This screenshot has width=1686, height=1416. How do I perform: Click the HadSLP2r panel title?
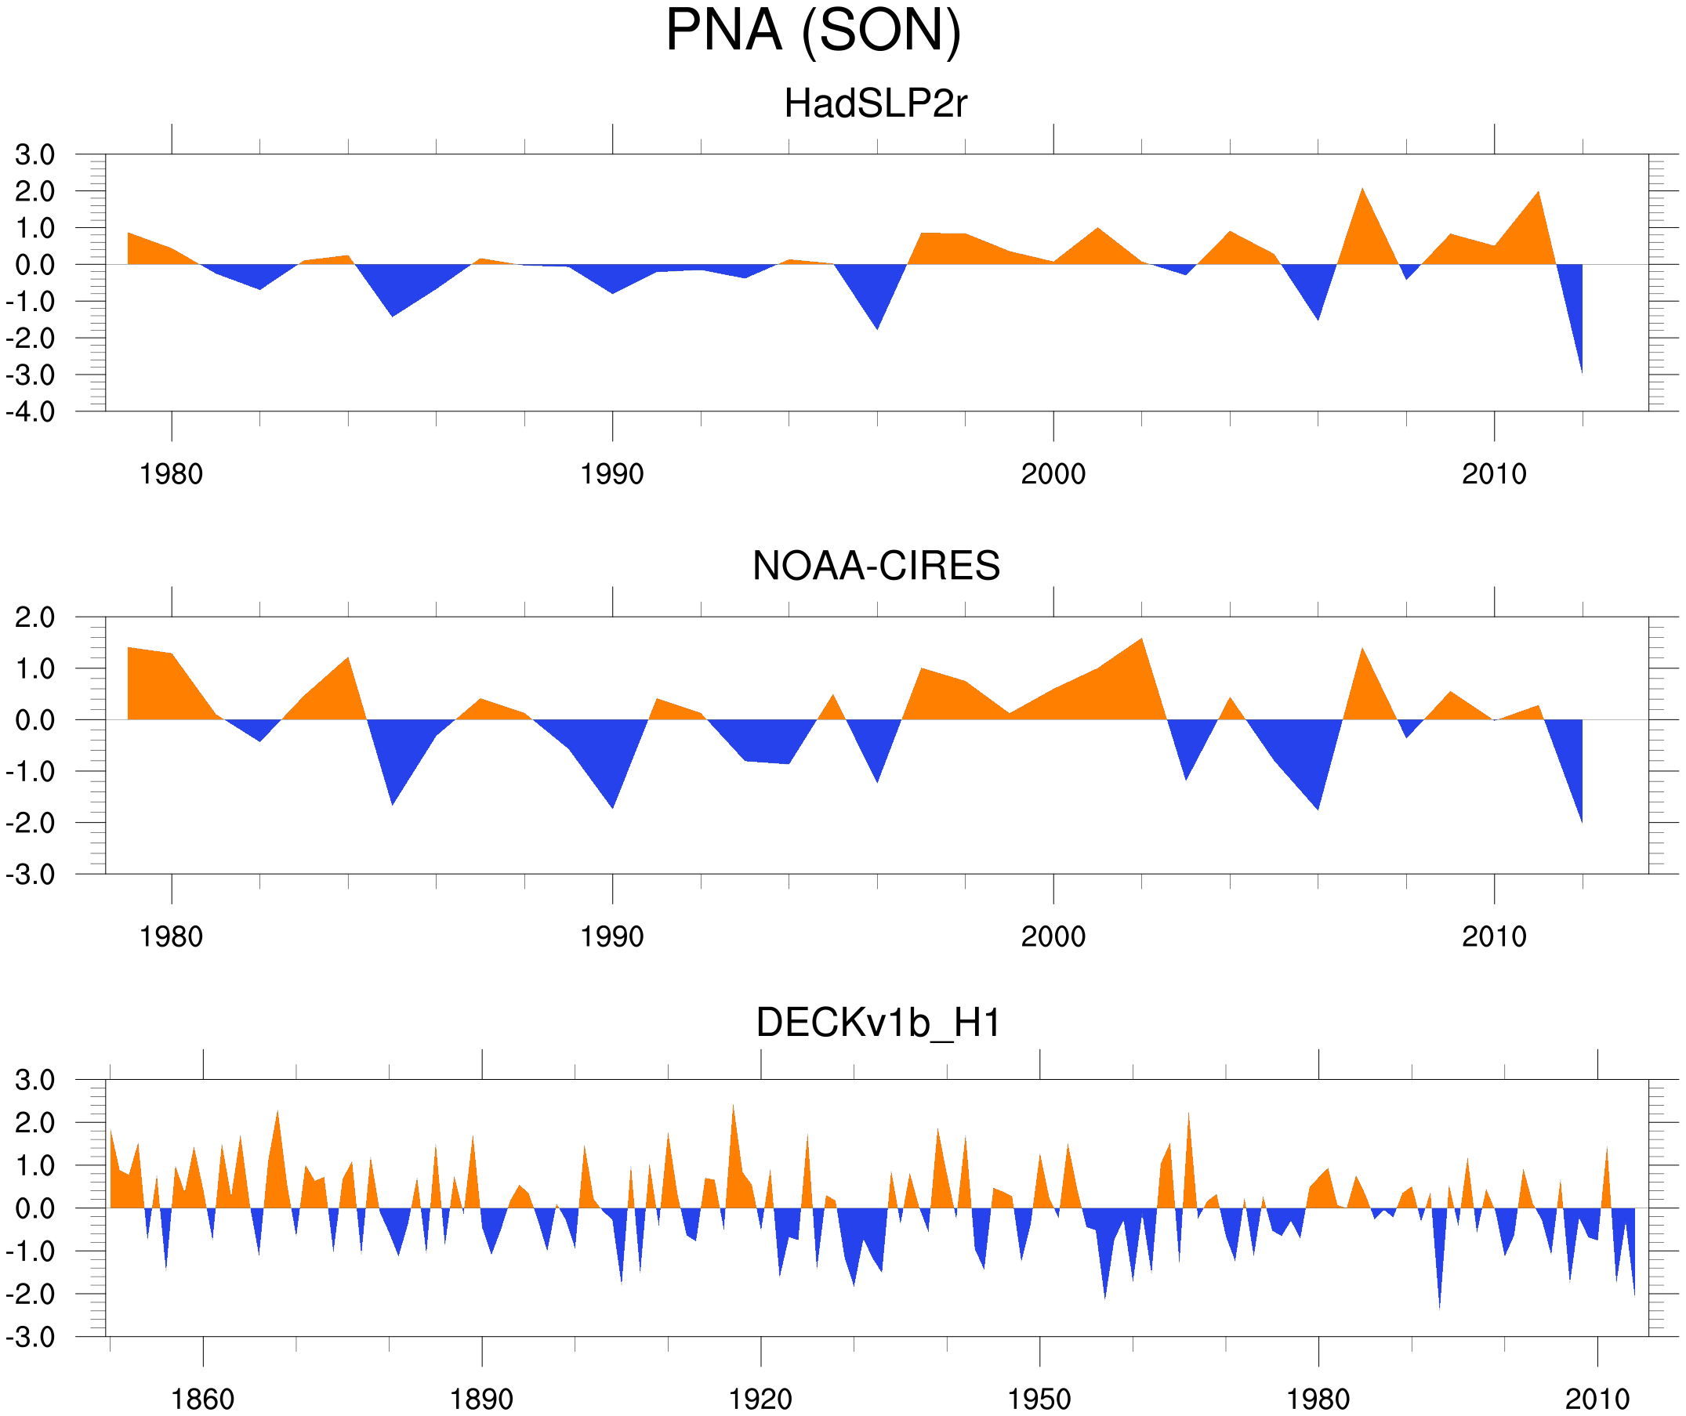[875, 104]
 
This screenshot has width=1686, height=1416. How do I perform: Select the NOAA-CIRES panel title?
[876, 566]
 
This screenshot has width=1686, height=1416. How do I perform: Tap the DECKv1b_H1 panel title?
[879, 1023]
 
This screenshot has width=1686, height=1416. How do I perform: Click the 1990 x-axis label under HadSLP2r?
[612, 474]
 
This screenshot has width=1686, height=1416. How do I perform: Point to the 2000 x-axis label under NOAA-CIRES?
[1053, 936]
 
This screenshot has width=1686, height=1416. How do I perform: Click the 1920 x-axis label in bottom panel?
[760, 1399]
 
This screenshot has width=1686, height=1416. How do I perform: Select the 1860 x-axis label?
[202, 1399]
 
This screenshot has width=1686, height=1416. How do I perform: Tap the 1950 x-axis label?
[1039, 1399]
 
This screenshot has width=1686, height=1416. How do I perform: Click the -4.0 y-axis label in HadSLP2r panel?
[31, 413]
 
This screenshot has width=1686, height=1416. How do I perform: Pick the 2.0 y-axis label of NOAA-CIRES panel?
[34, 618]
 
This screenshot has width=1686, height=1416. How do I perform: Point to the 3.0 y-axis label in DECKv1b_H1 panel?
[34, 1081]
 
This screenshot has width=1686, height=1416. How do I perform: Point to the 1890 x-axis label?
[481, 1399]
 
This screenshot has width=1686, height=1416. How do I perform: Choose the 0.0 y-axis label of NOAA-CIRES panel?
[34, 721]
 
